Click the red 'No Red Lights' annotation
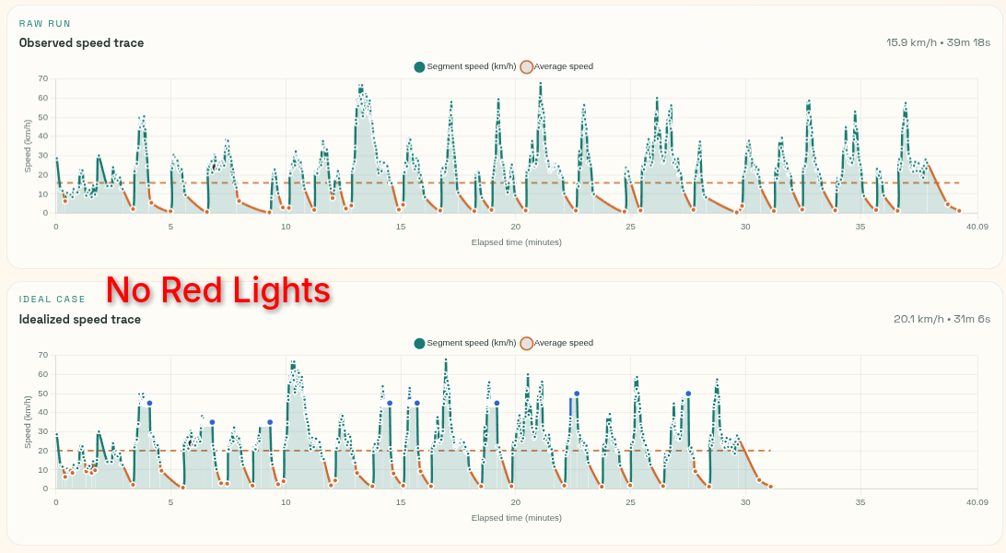(218, 290)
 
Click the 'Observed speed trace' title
(81, 42)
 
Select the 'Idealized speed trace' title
(80, 319)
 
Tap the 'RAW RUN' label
(45, 23)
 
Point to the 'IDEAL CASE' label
(53, 300)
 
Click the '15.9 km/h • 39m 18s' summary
(938, 42)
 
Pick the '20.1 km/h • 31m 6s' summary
(942, 319)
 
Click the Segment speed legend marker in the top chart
(420, 66)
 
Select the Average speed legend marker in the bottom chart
(527, 343)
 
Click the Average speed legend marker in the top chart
(527, 66)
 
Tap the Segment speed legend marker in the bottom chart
(420, 343)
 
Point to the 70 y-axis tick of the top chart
(42, 78)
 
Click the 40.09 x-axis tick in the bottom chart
(977, 502)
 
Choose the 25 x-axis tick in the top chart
(630, 226)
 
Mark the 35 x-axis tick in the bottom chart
(860, 502)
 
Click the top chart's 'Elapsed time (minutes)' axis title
(516, 241)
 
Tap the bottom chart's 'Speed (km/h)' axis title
(29, 422)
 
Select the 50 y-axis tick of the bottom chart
(42, 394)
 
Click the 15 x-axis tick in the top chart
(401, 226)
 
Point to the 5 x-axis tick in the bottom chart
(170, 502)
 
